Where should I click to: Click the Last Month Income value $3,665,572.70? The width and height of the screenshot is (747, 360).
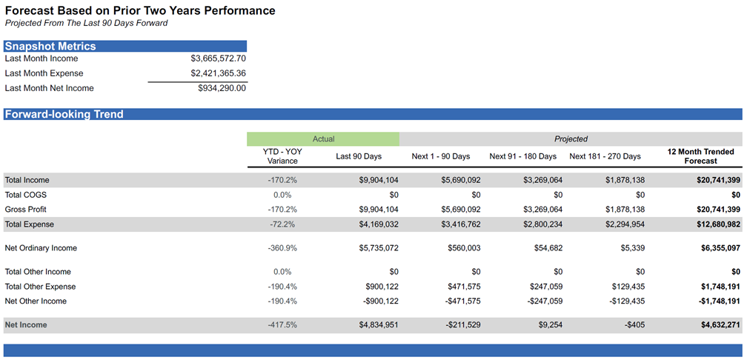(x=218, y=59)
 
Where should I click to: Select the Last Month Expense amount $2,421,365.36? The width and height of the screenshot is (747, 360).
(x=218, y=73)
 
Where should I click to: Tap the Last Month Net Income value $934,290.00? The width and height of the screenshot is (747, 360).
(x=222, y=88)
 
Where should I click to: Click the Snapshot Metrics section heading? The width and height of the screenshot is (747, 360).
(x=50, y=46)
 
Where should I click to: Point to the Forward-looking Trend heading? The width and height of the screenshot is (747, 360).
(x=64, y=115)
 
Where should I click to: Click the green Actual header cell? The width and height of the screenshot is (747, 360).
(x=323, y=139)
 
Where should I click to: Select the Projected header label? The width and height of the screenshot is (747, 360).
(x=571, y=139)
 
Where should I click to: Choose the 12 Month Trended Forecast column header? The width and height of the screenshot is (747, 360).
(x=700, y=156)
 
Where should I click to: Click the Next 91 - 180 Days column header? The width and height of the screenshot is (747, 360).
(x=522, y=156)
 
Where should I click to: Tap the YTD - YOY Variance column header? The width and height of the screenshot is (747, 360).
(x=282, y=156)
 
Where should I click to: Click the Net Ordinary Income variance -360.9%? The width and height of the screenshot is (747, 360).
(x=282, y=248)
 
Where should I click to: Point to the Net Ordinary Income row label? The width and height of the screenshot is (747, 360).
(x=41, y=248)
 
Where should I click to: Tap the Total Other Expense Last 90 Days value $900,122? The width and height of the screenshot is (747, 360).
(x=379, y=287)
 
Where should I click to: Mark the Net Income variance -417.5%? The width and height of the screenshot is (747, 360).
(x=282, y=325)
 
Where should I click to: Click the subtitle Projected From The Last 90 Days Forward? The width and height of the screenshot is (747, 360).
(x=86, y=23)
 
